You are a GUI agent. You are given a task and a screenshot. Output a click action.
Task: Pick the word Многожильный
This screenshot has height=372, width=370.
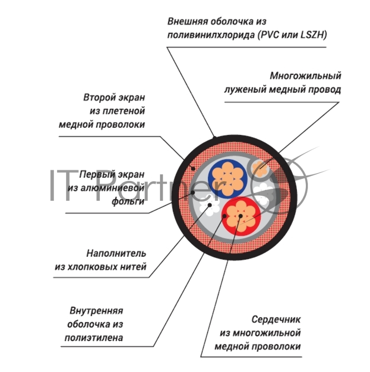coord(305,75)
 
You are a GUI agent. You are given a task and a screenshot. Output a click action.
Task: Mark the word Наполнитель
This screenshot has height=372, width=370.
coord(116,253)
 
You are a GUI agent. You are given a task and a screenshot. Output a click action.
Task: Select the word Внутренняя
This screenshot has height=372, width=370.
coord(96,311)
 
